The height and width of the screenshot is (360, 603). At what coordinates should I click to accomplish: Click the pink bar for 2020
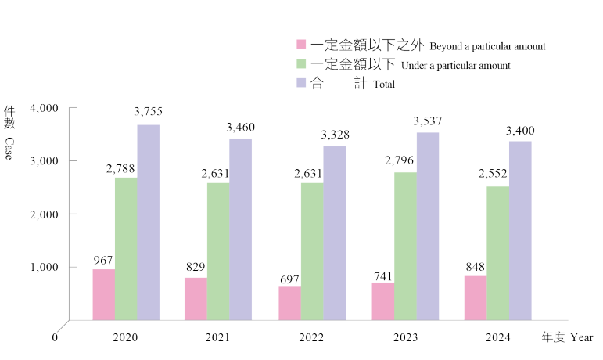[x=104, y=294]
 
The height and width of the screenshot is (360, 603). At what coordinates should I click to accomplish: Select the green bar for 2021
[x=218, y=250]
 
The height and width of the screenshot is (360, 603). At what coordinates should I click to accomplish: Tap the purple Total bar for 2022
[x=334, y=232]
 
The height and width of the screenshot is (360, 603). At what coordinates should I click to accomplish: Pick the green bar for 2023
[x=405, y=245]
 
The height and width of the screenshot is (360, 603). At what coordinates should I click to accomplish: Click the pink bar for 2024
[x=476, y=297]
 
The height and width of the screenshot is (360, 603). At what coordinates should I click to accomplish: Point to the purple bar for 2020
[x=149, y=221]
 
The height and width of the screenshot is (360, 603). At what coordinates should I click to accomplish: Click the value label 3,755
[x=148, y=112]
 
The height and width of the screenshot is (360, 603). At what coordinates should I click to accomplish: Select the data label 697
[x=289, y=279]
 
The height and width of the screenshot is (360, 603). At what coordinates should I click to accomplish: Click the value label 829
[x=196, y=267]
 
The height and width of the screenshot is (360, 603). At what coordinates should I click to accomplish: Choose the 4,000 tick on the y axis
[x=45, y=107]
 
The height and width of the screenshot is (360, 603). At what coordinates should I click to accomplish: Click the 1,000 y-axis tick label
[x=45, y=267]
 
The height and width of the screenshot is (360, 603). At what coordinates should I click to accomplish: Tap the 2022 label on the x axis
[x=311, y=337]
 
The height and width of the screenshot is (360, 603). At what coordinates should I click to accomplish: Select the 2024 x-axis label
[x=497, y=337]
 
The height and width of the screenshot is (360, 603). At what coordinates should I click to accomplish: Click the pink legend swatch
[x=300, y=45]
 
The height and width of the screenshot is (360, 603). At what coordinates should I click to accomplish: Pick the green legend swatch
[x=300, y=63]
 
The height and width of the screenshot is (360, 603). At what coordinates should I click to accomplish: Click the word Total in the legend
[x=384, y=85]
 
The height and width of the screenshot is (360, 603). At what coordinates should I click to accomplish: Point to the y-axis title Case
[x=9, y=149]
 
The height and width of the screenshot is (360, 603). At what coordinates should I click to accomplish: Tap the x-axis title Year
[x=581, y=337]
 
